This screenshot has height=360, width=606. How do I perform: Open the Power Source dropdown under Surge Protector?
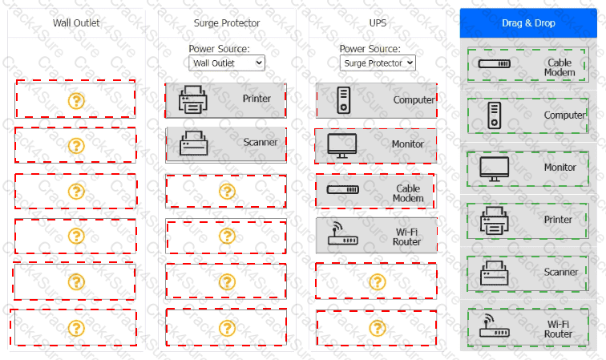227,63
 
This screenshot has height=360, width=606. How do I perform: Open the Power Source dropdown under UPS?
378,63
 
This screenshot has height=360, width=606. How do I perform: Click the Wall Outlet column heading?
76,22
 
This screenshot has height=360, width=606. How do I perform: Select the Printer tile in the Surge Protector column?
226,99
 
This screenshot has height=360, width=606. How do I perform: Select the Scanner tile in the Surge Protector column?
226,144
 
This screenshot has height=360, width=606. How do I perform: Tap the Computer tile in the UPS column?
376,100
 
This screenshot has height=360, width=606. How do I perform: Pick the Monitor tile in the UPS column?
376,145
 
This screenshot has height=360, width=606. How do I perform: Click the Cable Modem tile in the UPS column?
376,191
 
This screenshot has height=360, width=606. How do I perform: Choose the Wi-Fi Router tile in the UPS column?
376,236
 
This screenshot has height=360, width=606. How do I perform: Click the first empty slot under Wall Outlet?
75,99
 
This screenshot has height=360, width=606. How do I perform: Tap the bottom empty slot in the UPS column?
376,327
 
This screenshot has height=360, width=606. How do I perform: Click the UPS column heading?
378,22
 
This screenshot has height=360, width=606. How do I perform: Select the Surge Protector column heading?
227,22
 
